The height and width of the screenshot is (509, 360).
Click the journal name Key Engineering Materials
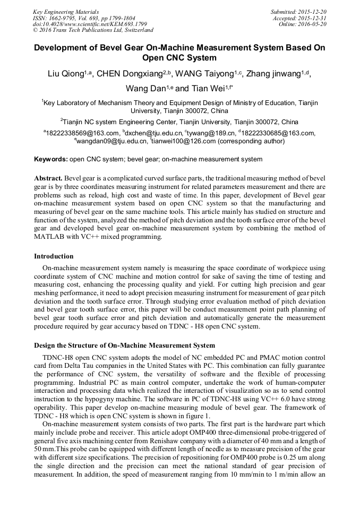[65, 11]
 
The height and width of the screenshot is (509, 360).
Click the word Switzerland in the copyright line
[135, 30]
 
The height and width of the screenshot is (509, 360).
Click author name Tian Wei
[208, 88]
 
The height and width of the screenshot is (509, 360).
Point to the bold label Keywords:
[51, 159]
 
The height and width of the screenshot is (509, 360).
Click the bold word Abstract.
[49, 178]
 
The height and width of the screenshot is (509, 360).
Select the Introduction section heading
[54, 256]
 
